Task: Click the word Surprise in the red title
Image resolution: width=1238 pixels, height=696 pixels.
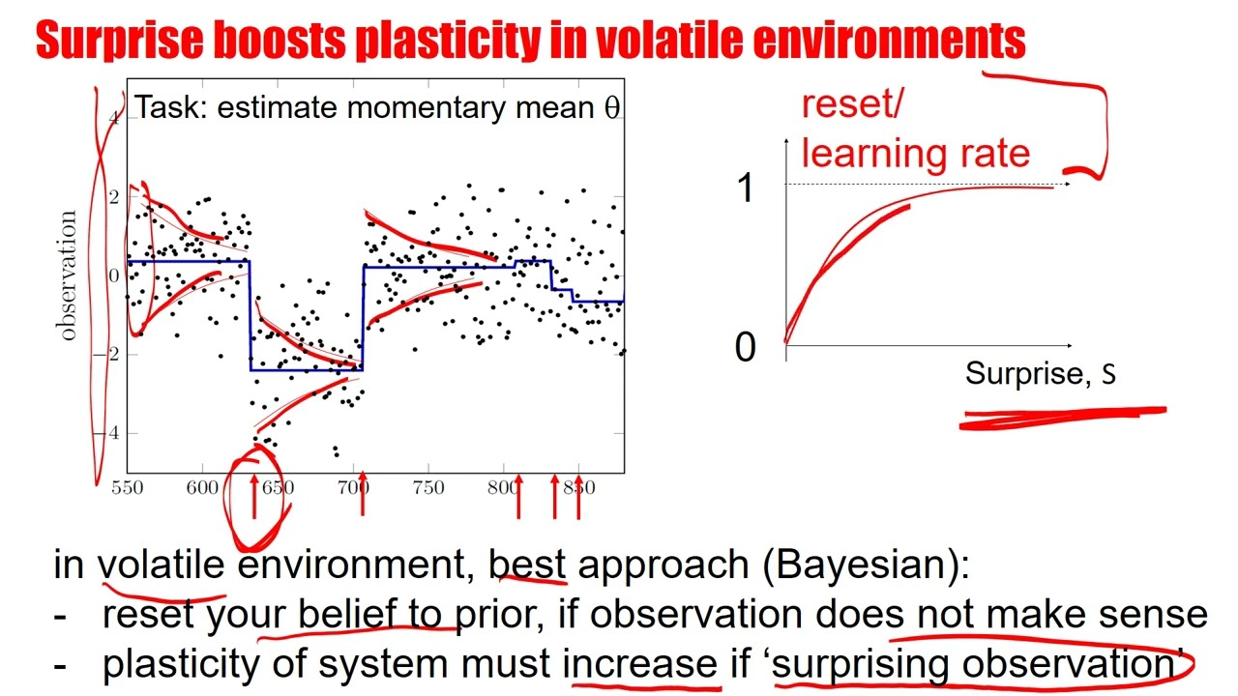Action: [x=108, y=41]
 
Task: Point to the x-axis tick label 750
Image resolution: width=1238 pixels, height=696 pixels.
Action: [x=428, y=487]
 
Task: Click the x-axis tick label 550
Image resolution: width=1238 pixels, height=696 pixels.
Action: [x=128, y=487]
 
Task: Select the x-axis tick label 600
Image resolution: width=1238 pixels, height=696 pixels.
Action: [x=202, y=487]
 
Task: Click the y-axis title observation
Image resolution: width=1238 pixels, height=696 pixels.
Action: [x=68, y=275]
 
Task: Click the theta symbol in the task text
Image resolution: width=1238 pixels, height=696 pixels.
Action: [x=611, y=108]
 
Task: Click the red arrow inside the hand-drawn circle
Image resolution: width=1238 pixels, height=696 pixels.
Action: [x=254, y=493]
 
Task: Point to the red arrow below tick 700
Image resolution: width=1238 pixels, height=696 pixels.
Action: [x=363, y=493]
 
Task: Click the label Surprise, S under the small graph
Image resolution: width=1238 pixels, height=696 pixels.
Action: [x=1041, y=374]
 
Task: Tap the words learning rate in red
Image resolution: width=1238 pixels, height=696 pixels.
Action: [x=915, y=153]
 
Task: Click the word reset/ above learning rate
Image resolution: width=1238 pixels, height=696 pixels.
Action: [x=851, y=104]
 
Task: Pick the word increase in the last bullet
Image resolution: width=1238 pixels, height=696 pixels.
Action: [x=639, y=663]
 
